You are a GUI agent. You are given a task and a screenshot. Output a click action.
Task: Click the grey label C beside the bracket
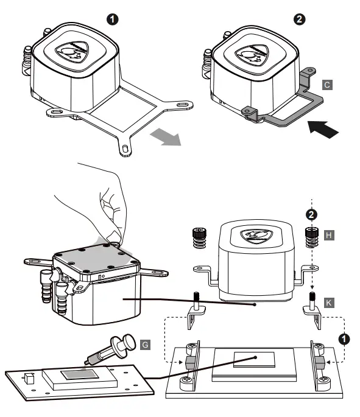click(x=328, y=86)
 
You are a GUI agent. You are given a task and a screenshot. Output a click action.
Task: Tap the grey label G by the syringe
click(x=145, y=345)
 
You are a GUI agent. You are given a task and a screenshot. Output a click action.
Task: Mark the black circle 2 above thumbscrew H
click(x=311, y=214)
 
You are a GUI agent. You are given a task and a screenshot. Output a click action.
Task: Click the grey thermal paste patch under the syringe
click(x=79, y=372)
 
